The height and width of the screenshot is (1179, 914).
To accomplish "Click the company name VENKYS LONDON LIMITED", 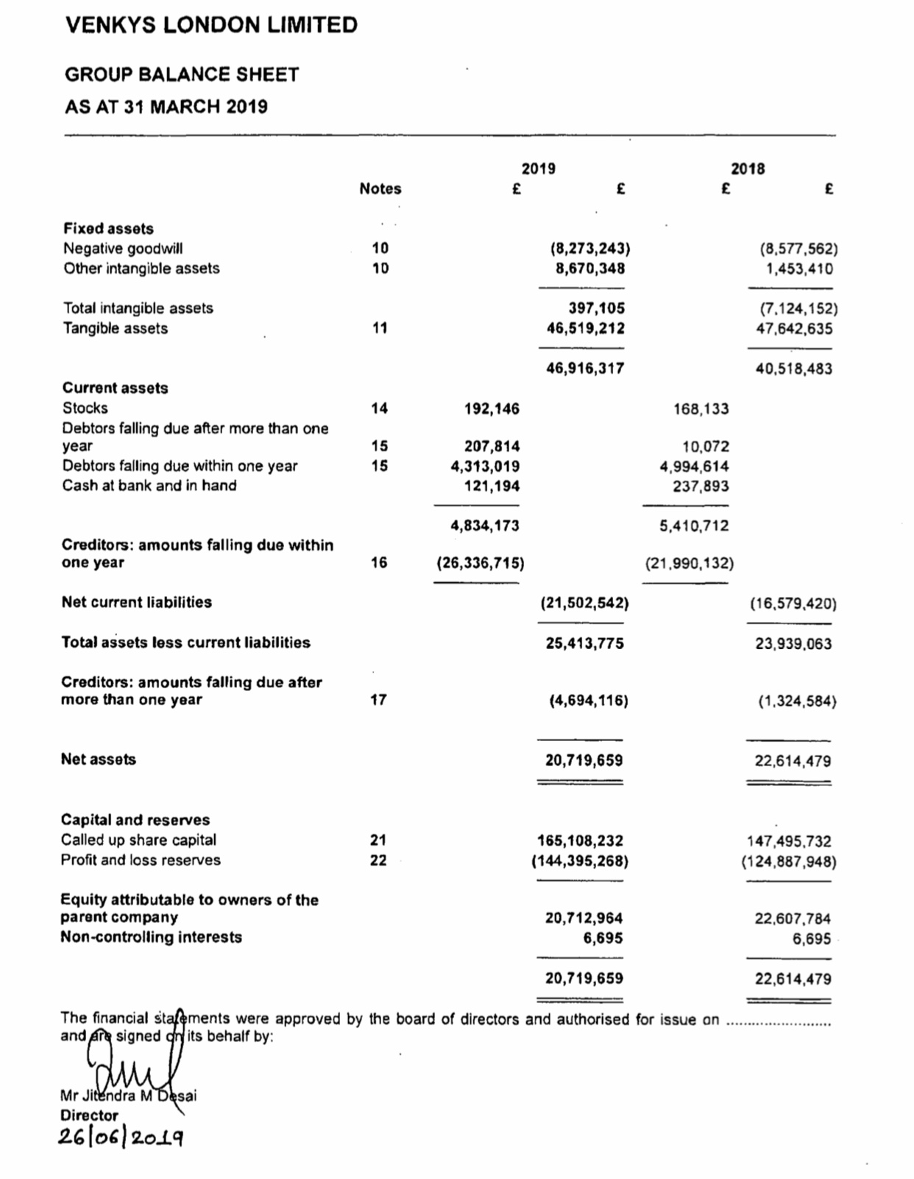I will tap(211, 26).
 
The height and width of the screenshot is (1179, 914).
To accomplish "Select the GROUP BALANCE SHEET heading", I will tap(182, 75).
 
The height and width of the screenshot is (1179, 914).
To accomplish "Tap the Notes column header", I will tap(380, 189).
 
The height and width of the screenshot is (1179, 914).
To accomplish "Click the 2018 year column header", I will tap(748, 169).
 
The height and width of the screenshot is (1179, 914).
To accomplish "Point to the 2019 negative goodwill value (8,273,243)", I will tap(590, 249).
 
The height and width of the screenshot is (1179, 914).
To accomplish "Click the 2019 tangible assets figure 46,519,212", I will tap(585, 328).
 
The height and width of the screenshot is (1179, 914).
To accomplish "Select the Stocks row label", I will tap(85, 408).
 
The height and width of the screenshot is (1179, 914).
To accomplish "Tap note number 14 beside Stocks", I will tap(379, 408).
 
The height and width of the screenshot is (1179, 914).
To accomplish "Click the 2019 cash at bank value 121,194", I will tap(492, 486).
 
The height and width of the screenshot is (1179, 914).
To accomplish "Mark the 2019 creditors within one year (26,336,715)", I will tap(481, 564).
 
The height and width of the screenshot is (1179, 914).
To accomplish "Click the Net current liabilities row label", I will tap(137, 603).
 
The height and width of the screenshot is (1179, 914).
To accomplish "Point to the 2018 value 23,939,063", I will tap(793, 644).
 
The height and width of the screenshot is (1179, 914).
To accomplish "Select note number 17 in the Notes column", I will tap(378, 700).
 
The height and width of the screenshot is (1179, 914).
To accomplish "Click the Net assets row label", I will tap(99, 760).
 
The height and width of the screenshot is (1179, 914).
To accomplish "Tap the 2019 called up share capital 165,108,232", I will tap(581, 840).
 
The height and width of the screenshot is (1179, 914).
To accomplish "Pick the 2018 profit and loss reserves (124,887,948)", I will tap(788, 860).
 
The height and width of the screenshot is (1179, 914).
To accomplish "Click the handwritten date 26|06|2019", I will tap(121, 1137).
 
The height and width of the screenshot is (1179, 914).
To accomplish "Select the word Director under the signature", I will tap(89, 1115).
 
